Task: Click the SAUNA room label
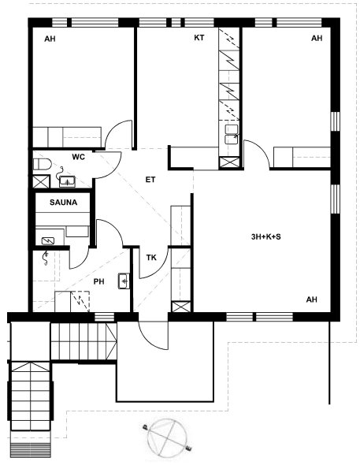click(63, 203)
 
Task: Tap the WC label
click(78, 157)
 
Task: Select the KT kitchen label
click(199, 38)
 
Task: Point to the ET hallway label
click(150, 180)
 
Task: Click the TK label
click(151, 258)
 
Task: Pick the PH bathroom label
click(99, 281)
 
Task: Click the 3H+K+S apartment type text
click(265, 236)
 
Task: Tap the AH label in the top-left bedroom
click(50, 39)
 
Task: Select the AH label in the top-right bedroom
click(317, 38)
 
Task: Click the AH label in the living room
click(311, 299)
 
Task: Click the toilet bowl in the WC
click(42, 164)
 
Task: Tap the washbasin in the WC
click(67, 181)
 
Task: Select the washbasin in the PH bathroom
click(124, 281)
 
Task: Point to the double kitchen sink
click(232, 134)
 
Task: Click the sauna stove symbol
click(48, 241)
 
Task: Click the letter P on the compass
click(145, 427)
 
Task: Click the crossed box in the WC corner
click(41, 181)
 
